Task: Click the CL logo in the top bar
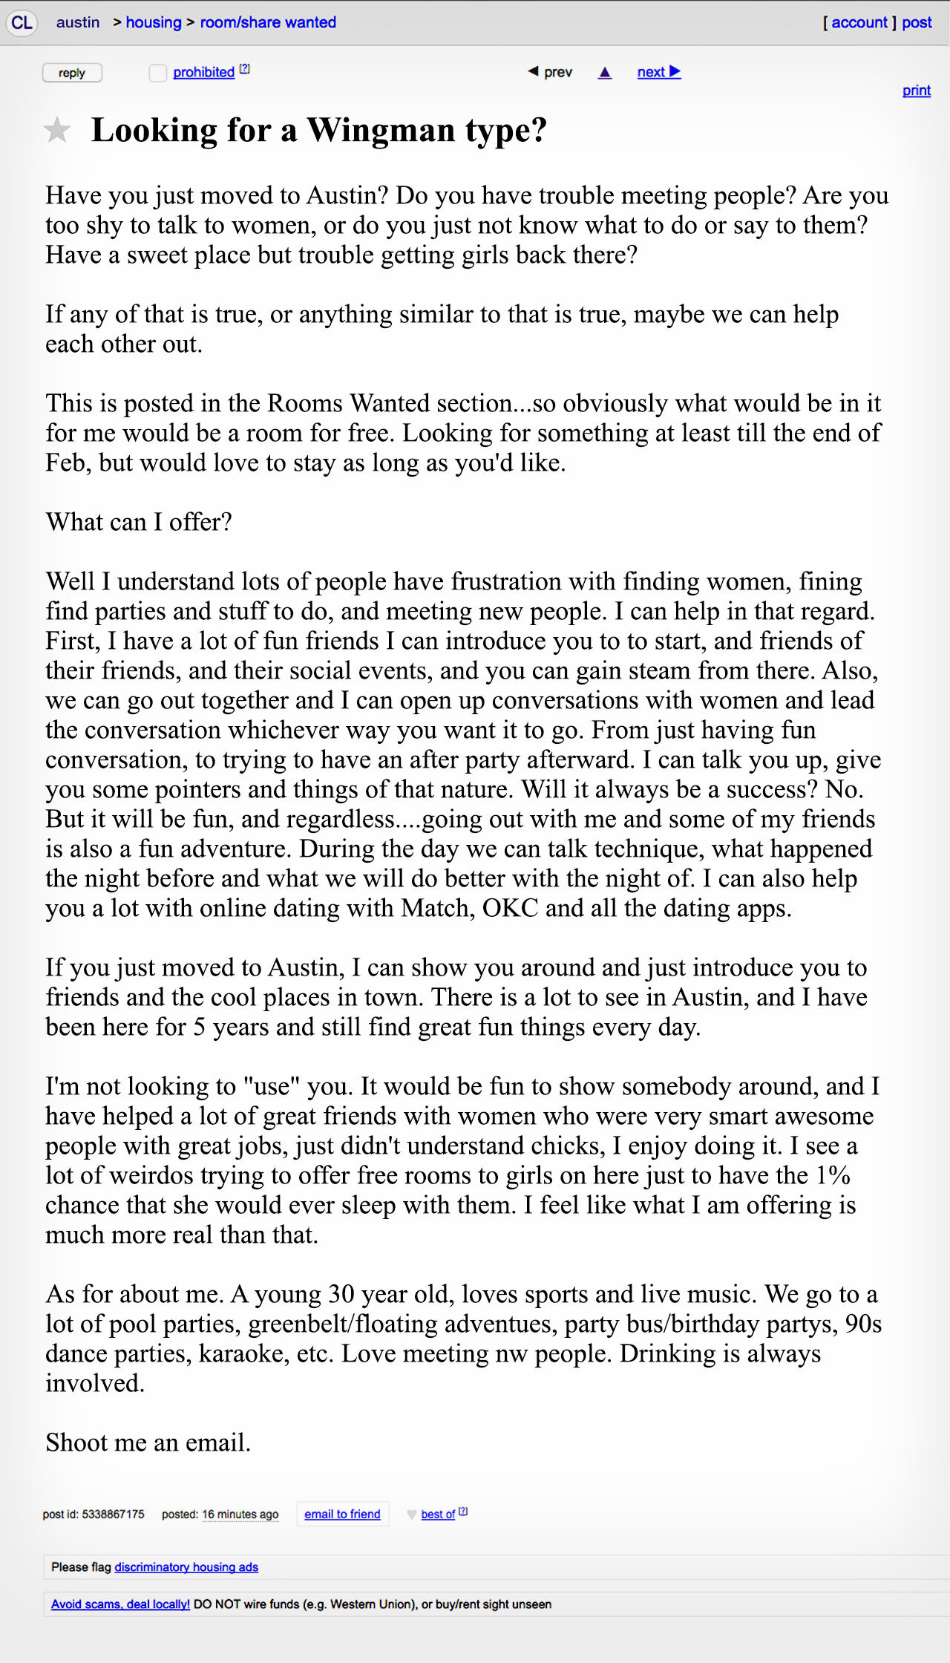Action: tap(22, 22)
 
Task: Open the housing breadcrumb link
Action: tap(153, 22)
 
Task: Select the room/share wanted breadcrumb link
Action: tap(268, 22)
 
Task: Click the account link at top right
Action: tap(859, 22)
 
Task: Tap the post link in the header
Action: tap(917, 22)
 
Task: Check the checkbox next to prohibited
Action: tap(157, 73)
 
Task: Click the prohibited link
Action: tap(203, 72)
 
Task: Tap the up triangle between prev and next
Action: tap(605, 73)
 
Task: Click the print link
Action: tap(916, 90)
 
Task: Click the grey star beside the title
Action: tap(57, 131)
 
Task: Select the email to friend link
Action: tap(342, 1514)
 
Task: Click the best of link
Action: tap(438, 1514)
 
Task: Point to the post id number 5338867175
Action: tap(113, 1514)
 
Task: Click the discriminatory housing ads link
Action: tap(186, 1566)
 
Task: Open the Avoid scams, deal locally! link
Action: tap(120, 1604)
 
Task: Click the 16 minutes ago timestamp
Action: tap(240, 1514)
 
